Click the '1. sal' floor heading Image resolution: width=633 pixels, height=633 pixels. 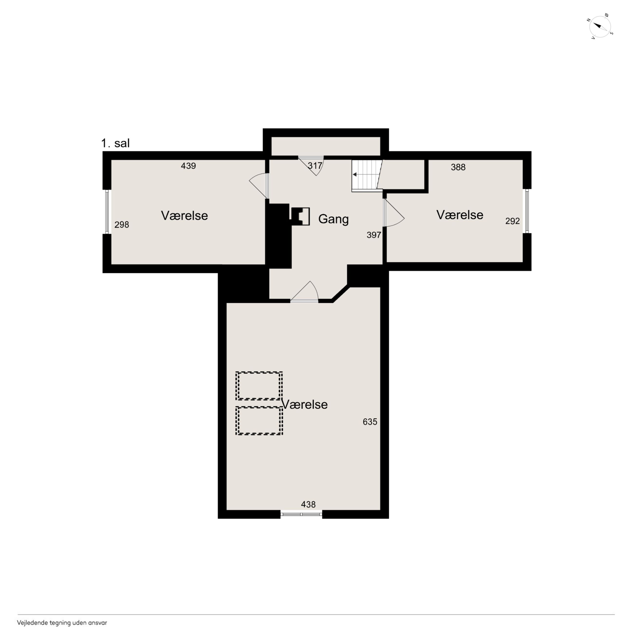[115, 143]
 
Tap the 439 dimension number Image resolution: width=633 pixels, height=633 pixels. [188, 166]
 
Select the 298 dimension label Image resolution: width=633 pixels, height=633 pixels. [121, 224]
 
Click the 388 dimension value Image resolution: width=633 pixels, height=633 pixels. [458, 167]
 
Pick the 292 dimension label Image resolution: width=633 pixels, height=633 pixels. [512, 221]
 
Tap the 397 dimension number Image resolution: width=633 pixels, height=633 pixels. [374, 235]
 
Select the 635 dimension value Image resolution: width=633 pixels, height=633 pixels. [370, 422]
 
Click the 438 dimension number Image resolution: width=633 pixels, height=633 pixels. [308, 504]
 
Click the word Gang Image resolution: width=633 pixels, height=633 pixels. [334, 219]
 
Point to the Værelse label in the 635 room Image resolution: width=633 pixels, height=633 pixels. [305, 404]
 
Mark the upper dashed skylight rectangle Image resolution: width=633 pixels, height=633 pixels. [259, 386]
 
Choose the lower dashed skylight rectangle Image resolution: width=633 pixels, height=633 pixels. [259, 421]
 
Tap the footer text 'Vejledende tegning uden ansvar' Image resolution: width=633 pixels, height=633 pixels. [62, 623]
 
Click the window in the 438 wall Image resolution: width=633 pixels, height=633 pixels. [301, 514]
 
